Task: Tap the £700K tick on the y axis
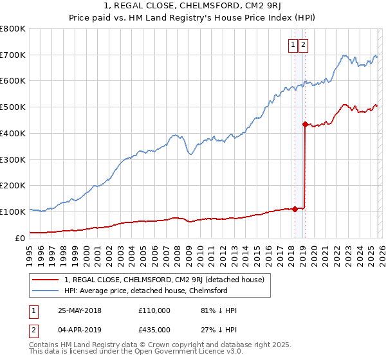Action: (13, 55)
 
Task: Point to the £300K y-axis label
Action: (13, 159)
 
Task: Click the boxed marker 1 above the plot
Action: (293, 44)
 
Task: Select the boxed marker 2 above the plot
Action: (303, 44)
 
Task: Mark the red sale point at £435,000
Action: (304, 123)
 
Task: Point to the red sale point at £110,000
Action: (295, 208)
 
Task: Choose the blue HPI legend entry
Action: (146, 291)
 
